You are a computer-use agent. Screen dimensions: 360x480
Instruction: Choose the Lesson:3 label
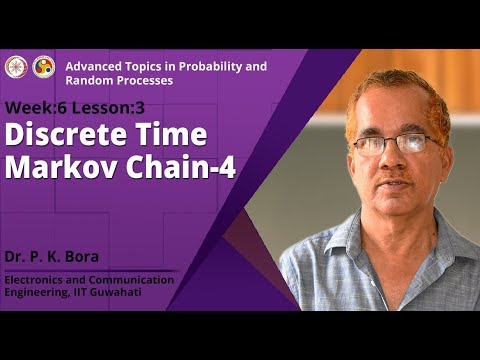tap(111, 107)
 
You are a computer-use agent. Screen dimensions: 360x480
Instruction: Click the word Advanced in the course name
tap(92, 66)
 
